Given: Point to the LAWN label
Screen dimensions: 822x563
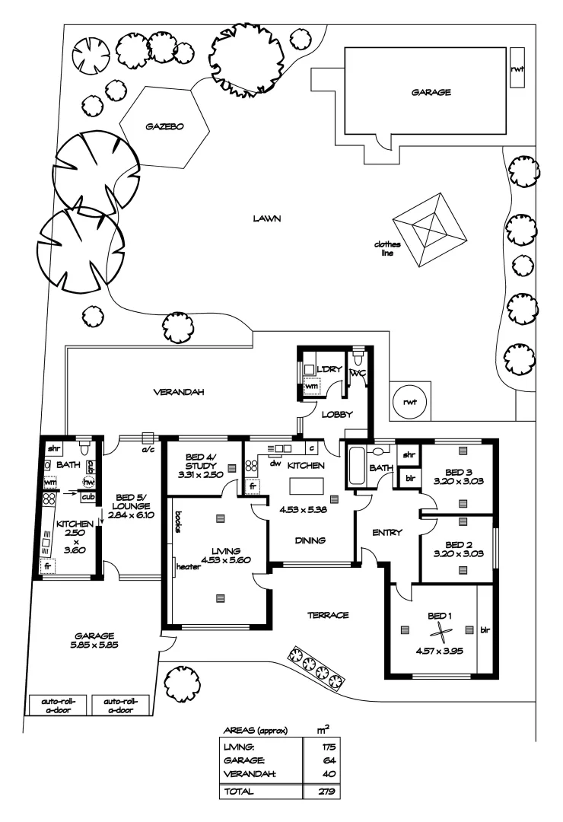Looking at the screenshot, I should pyautogui.click(x=268, y=218).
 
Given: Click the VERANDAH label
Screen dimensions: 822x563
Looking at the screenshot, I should pyautogui.click(x=180, y=393).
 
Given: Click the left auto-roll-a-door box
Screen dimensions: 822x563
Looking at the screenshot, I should pyautogui.click(x=58, y=706).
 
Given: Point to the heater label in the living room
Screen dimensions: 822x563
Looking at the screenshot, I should pyautogui.click(x=187, y=566).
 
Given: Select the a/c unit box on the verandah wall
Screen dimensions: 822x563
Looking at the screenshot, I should pyautogui.click(x=148, y=438).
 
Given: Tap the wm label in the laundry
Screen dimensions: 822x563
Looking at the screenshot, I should pyautogui.click(x=311, y=386).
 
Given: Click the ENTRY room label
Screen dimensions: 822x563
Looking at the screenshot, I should pyautogui.click(x=387, y=532).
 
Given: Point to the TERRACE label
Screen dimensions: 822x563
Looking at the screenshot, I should pyautogui.click(x=327, y=614).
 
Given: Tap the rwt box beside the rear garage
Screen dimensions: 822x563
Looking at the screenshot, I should pyautogui.click(x=517, y=67).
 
